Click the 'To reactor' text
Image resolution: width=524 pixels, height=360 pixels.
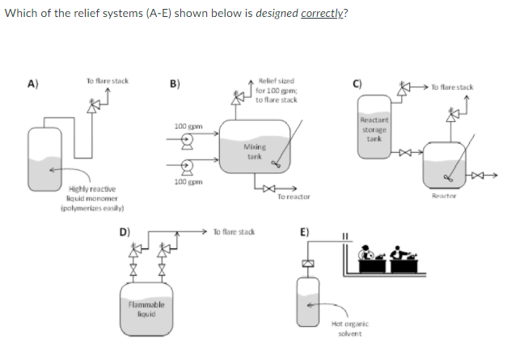click(292, 197)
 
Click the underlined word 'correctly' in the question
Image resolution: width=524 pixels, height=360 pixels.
click(322, 15)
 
